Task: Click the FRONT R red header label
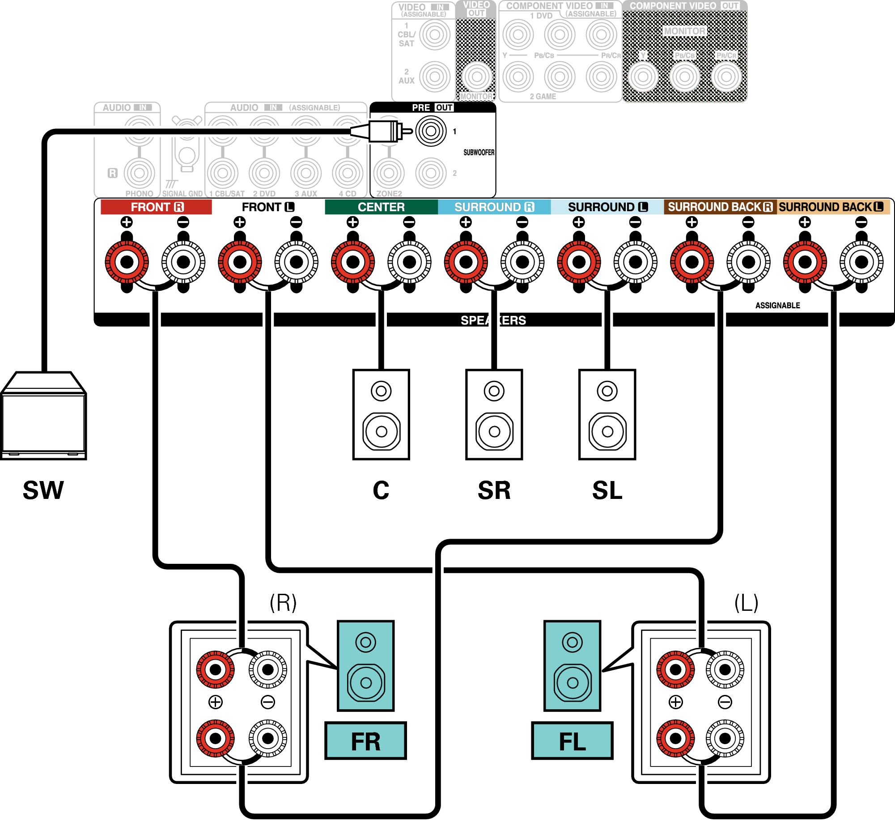[156, 207]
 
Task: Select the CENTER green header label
[381, 207]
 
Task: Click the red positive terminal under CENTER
[353, 262]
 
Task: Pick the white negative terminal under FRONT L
[296, 262]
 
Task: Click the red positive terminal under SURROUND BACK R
[692, 262]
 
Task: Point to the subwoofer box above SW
[43, 416]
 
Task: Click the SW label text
[43, 490]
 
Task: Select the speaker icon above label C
[381, 414]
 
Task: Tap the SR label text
[494, 490]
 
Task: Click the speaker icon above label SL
[607, 414]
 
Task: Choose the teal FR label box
[365, 741]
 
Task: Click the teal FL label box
[572, 741]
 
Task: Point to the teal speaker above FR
[365, 665]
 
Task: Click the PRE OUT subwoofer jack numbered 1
[431, 131]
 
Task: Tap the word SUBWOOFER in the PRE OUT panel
[479, 153]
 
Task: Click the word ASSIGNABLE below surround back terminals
[777, 306]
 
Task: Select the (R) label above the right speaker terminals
[283, 603]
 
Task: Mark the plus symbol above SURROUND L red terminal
[579, 222]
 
